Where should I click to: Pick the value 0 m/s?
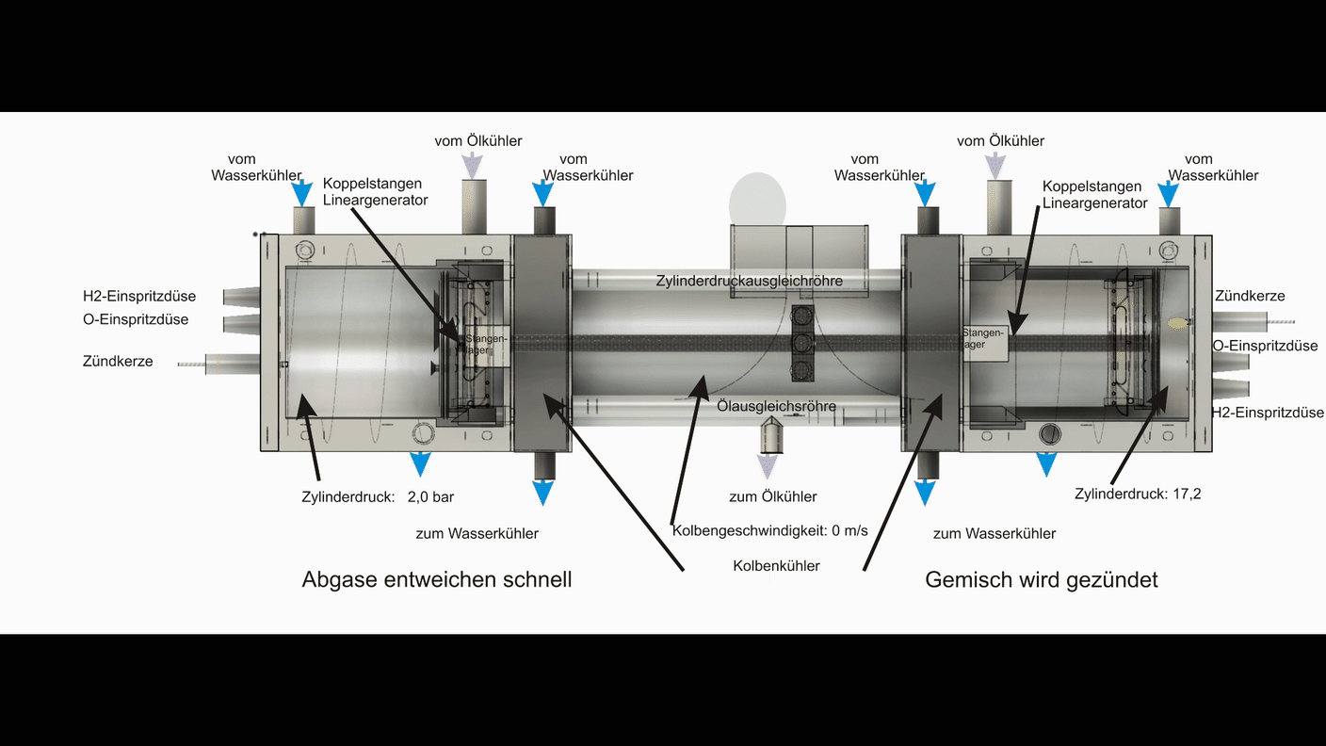click(849, 531)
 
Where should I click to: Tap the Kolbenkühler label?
click(776, 566)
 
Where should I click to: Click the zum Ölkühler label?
click(772, 496)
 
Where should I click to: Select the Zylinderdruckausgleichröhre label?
click(749, 281)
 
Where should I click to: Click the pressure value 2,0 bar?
click(431, 496)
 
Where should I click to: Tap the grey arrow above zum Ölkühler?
click(770, 465)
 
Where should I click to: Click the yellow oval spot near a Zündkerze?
click(1176, 322)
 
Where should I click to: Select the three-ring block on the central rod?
click(801, 342)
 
